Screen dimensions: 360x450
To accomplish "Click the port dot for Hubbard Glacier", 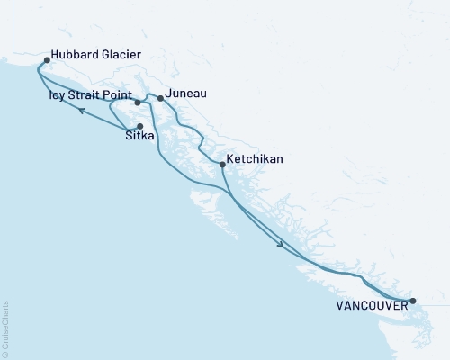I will click(x=47, y=61).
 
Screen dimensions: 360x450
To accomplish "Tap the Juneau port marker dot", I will click(x=160, y=98).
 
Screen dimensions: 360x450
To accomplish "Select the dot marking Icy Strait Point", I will click(x=138, y=103).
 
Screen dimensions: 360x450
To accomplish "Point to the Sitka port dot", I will click(x=139, y=126).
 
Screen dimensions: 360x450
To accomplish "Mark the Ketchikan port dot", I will click(x=222, y=164).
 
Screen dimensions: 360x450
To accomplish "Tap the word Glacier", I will click(x=120, y=56).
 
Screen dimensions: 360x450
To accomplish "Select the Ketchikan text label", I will click(x=255, y=158).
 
